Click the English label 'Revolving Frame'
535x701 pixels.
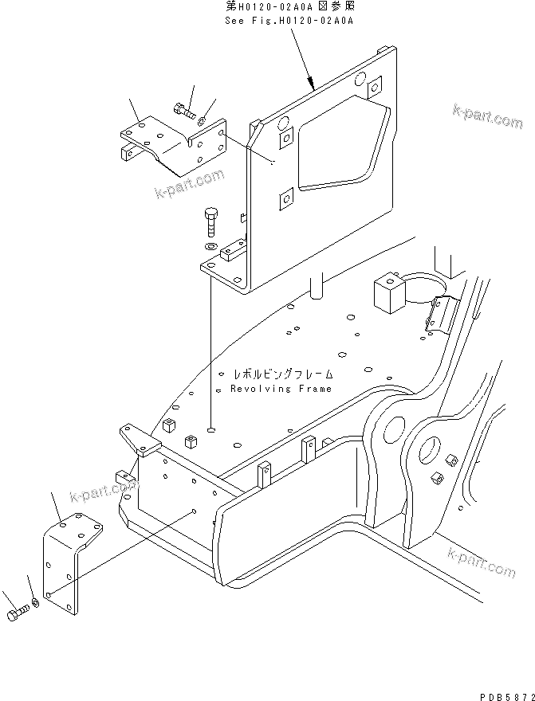pos(281,389)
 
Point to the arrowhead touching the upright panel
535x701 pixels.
pos(313,83)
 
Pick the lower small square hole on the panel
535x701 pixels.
pos(285,199)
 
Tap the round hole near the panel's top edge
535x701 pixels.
pos(360,79)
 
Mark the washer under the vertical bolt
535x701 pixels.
pos(210,248)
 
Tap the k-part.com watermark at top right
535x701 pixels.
pos(486,116)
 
